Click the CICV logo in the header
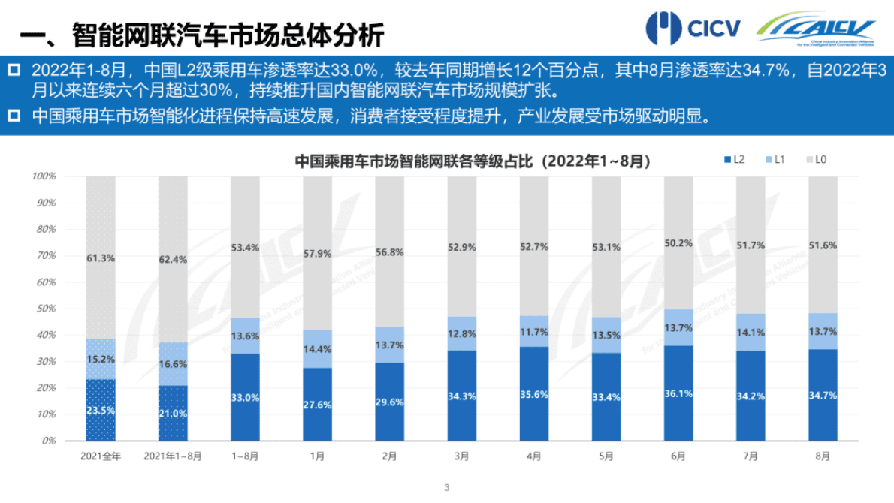(693, 28)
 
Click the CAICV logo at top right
(816, 29)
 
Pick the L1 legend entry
(774, 160)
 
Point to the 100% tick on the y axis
(44, 176)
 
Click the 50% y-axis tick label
(47, 309)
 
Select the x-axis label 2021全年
(100, 456)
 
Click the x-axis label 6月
(678, 456)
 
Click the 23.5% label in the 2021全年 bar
(101, 410)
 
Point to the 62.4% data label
(173, 259)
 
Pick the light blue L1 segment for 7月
(750, 332)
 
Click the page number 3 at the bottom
(447, 488)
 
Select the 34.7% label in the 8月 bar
(822, 394)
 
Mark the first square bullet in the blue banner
(13, 70)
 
